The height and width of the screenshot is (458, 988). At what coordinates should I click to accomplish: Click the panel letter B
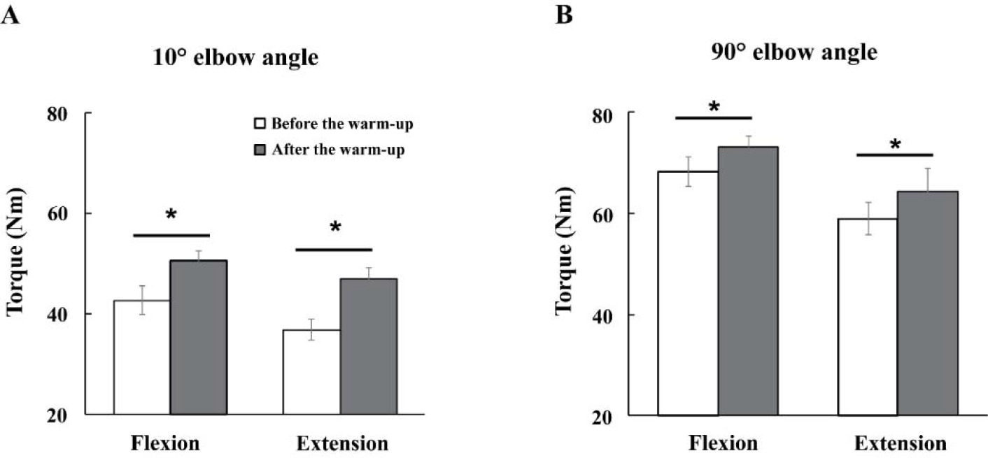click(564, 15)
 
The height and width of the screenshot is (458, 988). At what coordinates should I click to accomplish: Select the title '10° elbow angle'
click(236, 59)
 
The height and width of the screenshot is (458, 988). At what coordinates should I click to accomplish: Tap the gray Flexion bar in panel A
click(198, 337)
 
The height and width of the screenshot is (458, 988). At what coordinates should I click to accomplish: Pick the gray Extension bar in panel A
click(368, 346)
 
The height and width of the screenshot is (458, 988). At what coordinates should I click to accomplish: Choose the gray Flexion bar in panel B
click(749, 280)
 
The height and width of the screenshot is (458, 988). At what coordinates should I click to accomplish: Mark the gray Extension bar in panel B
click(928, 303)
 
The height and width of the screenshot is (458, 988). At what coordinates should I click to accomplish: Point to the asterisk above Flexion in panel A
click(171, 215)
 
